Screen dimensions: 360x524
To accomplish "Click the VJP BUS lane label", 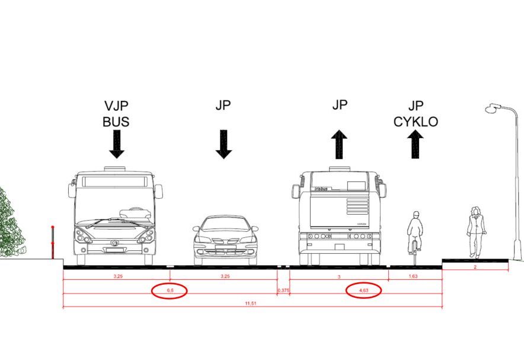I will tap(116, 114).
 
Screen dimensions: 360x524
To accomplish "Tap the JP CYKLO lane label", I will tap(416, 114).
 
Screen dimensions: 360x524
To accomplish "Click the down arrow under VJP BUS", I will tap(117, 144).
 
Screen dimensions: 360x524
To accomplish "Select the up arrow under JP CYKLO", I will tap(416, 144).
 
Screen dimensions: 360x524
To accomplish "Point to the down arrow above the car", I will tap(223, 144).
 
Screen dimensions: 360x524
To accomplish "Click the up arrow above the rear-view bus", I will tap(339, 144).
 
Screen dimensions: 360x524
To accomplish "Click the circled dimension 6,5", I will tap(170, 291).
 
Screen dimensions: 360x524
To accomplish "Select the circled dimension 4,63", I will tap(363, 291).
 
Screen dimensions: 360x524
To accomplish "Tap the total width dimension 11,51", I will tap(253, 303).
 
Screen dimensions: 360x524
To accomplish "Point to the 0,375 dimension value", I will tap(283, 291).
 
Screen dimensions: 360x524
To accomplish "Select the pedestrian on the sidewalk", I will tap(475, 231).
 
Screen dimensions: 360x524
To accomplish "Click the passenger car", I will tap(225, 240).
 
